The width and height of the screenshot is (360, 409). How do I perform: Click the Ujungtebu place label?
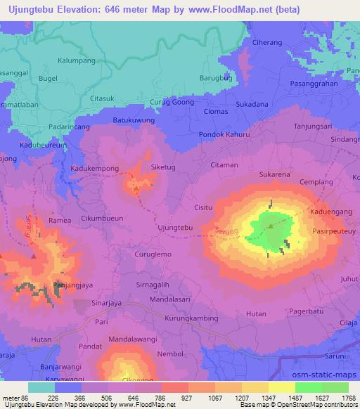(x=175, y=228)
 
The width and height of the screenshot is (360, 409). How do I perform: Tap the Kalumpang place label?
(x=77, y=60)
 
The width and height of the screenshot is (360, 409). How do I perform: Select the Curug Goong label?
(x=172, y=103)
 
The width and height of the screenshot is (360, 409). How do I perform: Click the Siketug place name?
(x=164, y=167)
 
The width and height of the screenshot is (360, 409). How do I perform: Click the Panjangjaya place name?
(x=70, y=285)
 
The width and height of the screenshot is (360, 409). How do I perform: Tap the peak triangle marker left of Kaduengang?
(x=271, y=226)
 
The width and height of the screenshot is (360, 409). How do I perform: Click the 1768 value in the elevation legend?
(x=347, y=398)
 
